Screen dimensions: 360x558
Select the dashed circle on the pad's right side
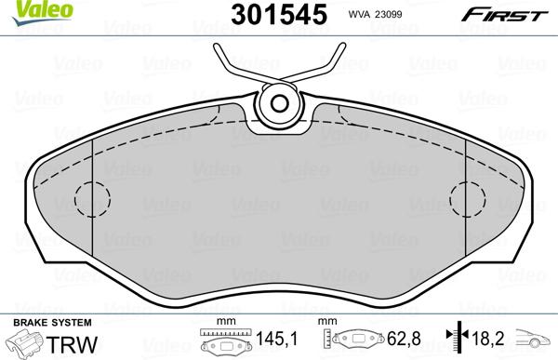pyautogui.click(x=467, y=197)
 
